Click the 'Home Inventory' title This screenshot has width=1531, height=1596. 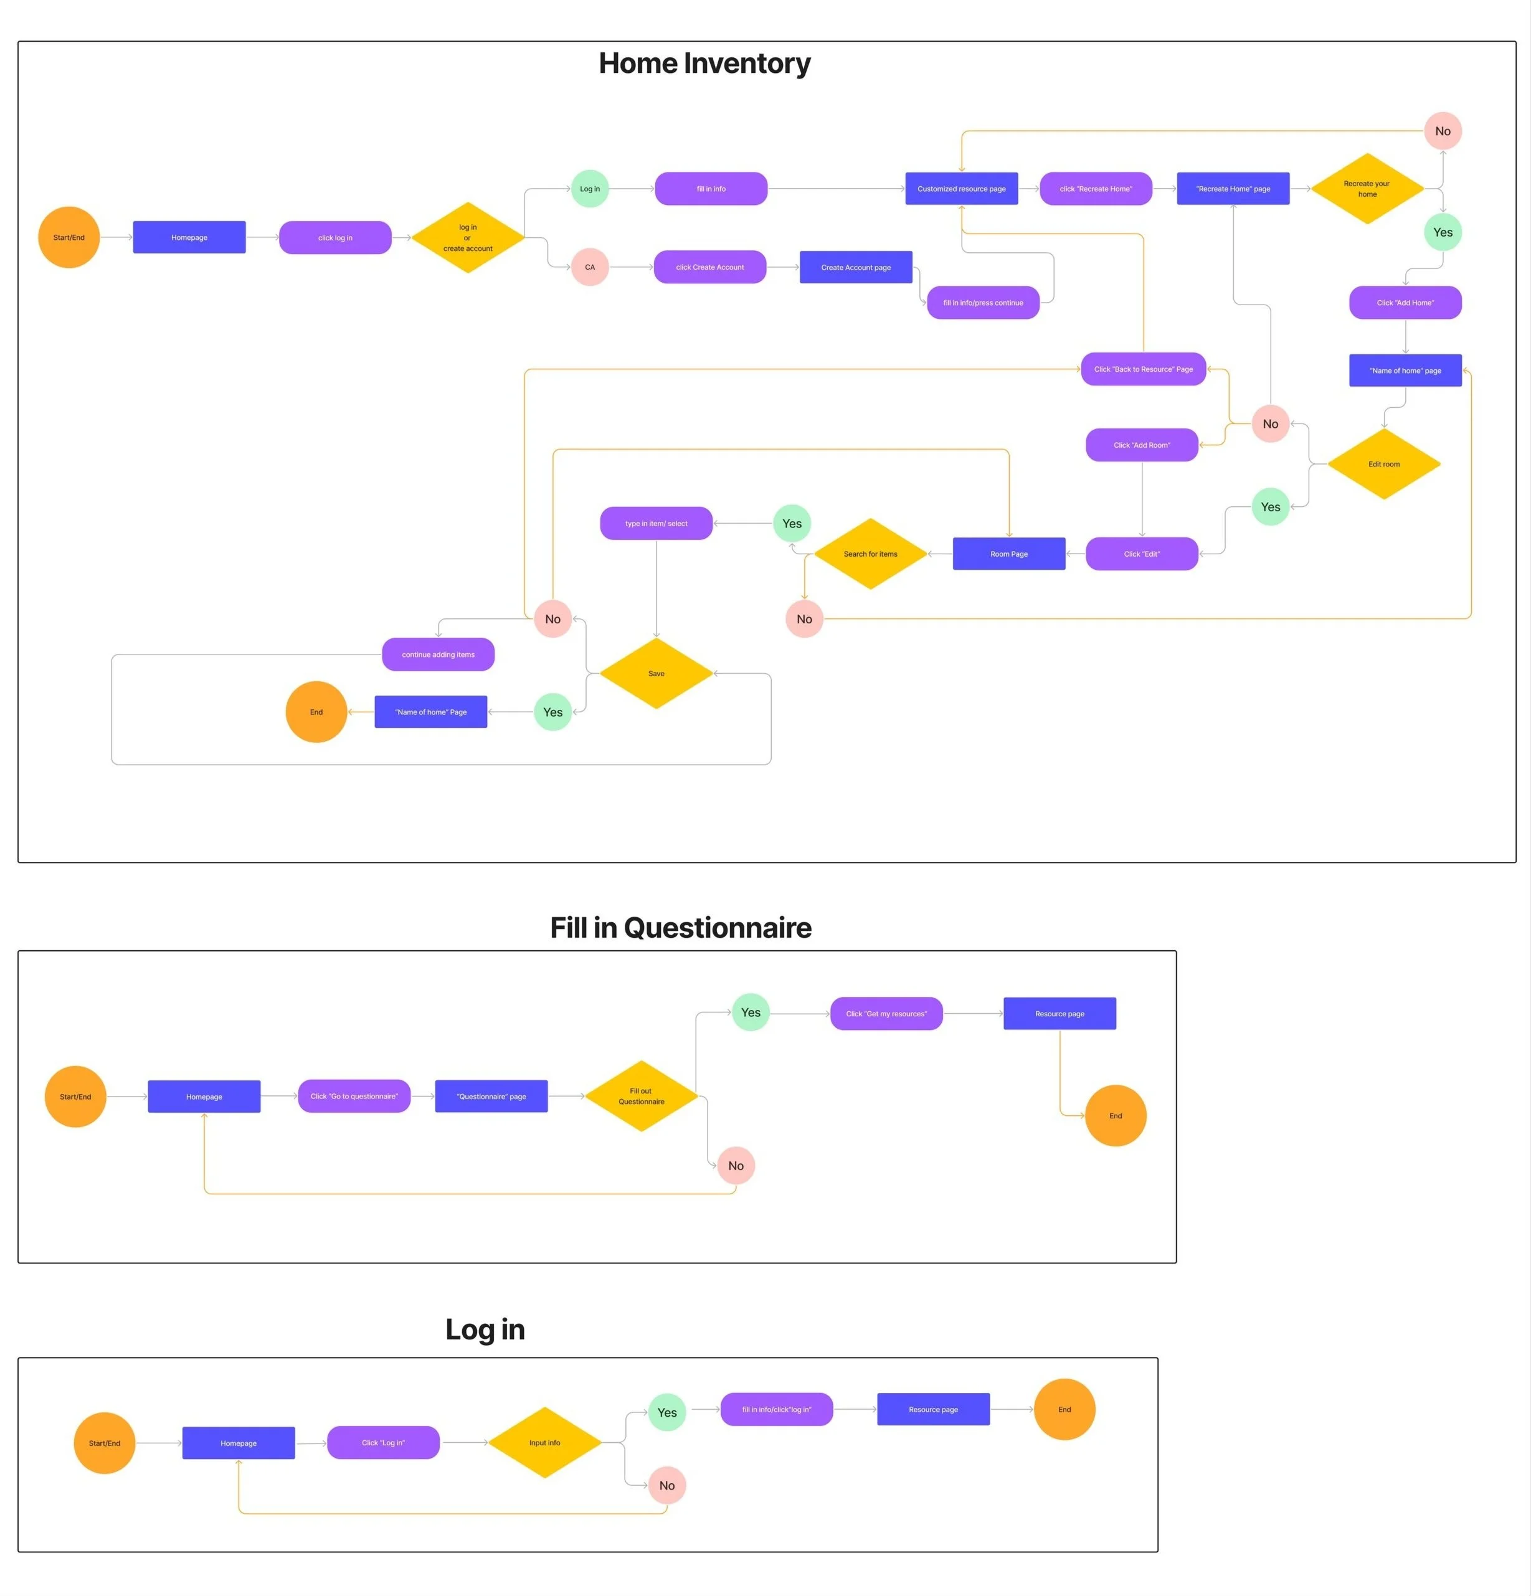point(704,64)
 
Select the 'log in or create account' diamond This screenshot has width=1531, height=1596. point(467,238)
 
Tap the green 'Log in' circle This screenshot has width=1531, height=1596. point(590,189)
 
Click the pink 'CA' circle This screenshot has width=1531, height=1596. point(590,267)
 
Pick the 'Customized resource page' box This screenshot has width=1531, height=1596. point(961,189)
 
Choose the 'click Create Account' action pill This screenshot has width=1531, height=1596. point(709,267)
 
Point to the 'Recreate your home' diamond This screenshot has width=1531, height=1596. point(1367,189)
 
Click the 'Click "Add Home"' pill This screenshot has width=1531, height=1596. point(1405,303)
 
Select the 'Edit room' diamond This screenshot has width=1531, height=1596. point(1383,464)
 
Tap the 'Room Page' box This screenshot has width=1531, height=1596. point(1008,554)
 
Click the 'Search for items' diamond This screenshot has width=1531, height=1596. point(870,554)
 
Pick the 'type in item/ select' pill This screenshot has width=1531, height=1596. point(655,524)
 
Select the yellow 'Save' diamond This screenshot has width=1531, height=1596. point(655,673)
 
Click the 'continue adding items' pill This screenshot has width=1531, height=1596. point(437,654)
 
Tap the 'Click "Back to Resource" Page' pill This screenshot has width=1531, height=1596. point(1142,369)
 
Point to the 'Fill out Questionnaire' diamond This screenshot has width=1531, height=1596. point(641,1096)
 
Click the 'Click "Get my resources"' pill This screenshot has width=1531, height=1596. point(886,1014)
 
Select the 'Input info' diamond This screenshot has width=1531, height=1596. point(544,1443)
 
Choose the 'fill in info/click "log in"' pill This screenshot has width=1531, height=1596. point(776,1410)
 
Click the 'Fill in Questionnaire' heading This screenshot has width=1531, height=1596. point(680,927)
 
